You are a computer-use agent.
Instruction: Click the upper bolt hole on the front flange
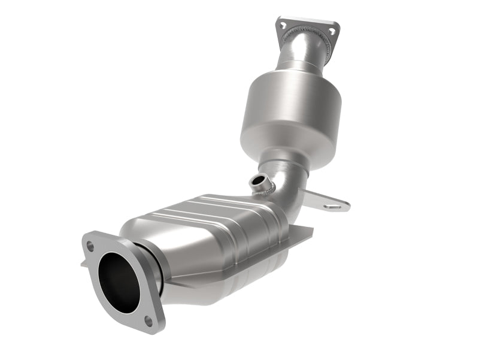pyautogui.click(x=90, y=246)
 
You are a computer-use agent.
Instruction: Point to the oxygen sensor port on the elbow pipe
pyautogui.click(x=258, y=181)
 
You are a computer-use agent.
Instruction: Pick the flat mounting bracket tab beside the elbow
pyautogui.click(x=326, y=201)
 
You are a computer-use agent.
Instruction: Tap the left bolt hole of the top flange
pyautogui.click(x=283, y=25)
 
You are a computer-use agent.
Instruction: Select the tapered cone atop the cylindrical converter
pyautogui.click(x=287, y=69)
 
